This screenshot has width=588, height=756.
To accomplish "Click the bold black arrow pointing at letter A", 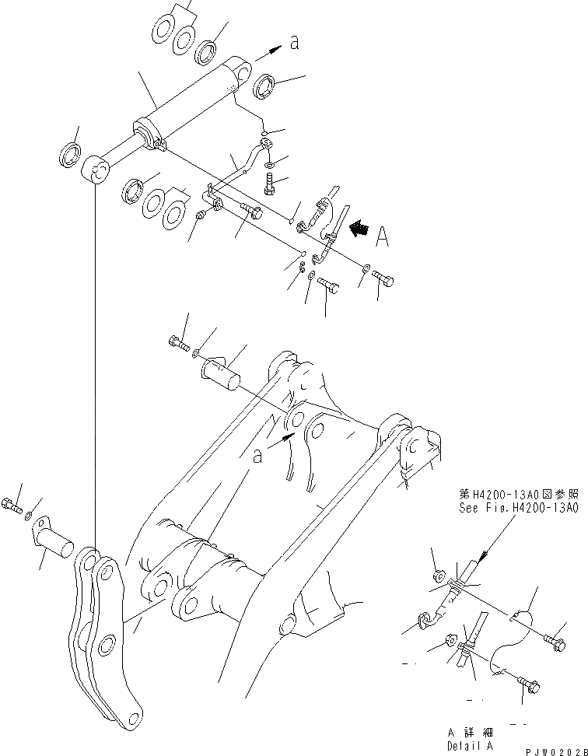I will pyautogui.click(x=359, y=229).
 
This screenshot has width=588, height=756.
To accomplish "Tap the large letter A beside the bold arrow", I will pyautogui.click(x=382, y=237).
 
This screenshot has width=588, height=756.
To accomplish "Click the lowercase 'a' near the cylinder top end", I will pyautogui.click(x=294, y=44).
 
